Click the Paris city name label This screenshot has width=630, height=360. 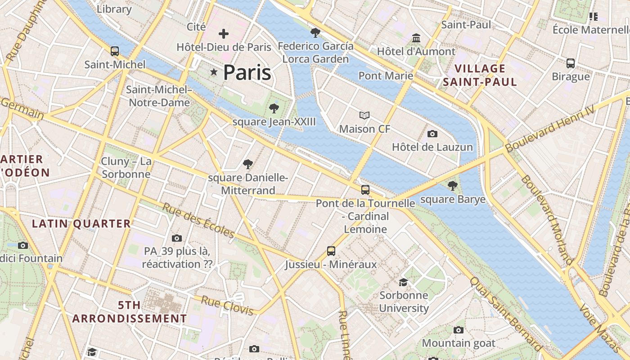(x=247, y=72)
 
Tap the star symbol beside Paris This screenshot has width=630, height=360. (x=214, y=72)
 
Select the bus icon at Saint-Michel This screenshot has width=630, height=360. (x=115, y=51)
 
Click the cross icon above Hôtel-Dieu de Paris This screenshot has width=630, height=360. (x=224, y=34)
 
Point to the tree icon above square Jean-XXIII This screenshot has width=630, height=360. (x=274, y=108)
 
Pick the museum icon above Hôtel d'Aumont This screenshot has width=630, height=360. (x=416, y=38)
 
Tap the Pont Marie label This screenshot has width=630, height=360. (x=386, y=76)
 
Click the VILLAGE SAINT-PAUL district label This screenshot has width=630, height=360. (x=480, y=75)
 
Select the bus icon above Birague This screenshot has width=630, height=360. (x=571, y=63)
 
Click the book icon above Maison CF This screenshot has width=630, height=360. (x=364, y=116)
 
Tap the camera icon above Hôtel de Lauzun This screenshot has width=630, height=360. (x=432, y=134)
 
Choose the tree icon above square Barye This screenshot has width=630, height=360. (x=453, y=185)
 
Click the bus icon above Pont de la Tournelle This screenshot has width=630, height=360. (x=365, y=190)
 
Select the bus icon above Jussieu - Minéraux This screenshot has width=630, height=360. (x=331, y=251)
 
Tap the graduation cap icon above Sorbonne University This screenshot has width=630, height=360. (x=404, y=282)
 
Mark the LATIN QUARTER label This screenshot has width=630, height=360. (x=81, y=224)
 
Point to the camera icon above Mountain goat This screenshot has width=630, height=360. (x=459, y=330)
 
